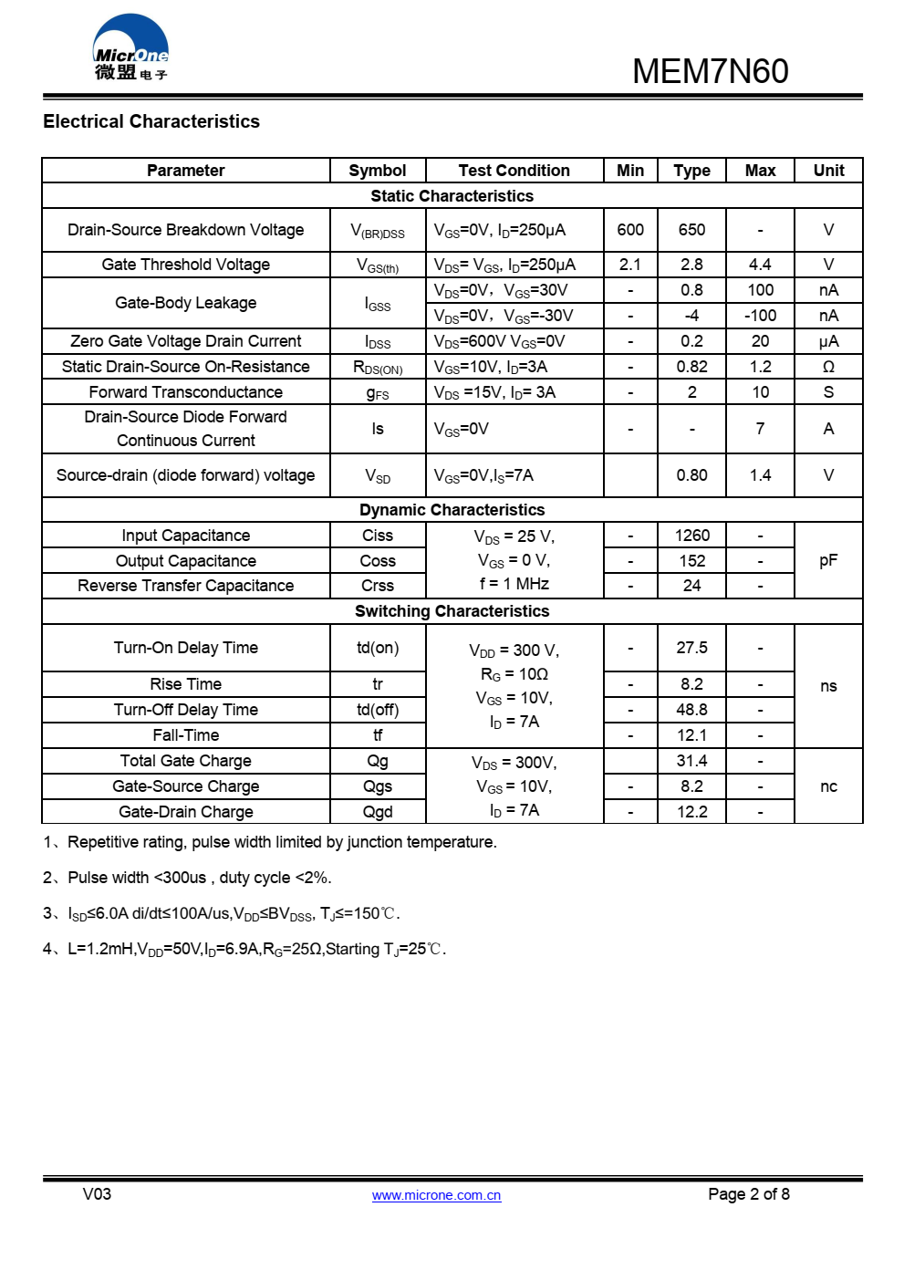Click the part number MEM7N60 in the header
pyautogui.click(x=710, y=71)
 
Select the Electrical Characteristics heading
pyautogui.click(x=151, y=121)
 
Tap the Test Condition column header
pyautogui.click(x=514, y=171)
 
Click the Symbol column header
pyautogui.click(x=377, y=171)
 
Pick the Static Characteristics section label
pyautogui.click(x=452, y=196)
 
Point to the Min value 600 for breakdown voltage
pyautogui.click(x=630, y=230)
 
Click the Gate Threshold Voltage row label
pyautogui.click(x=186, y=265)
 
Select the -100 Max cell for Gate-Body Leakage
pyautogui.click(x=760, y=316)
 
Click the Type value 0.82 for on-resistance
pyautogui.click(x=691, y=367)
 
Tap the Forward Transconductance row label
pyautogui.click(x=186, y=392)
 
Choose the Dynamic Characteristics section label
pyautogui.click(x=452, y=510)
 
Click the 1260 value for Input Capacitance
pyautogui.click(x=691, y=536)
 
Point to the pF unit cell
pyautogui.click(x=828, y=560)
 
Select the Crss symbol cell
pyautogui.click(x=377, y=586)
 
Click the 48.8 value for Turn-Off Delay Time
pyautogui.click(x=691, y=710)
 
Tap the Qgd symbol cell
pyautogui.click(x=377, y=812)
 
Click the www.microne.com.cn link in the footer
pyautogui.click(x=436, y=1195)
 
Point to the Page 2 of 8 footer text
pyautogui.click(x=748, y=1194)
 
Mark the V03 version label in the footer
pyautogui.click(x=97, y=1194)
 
